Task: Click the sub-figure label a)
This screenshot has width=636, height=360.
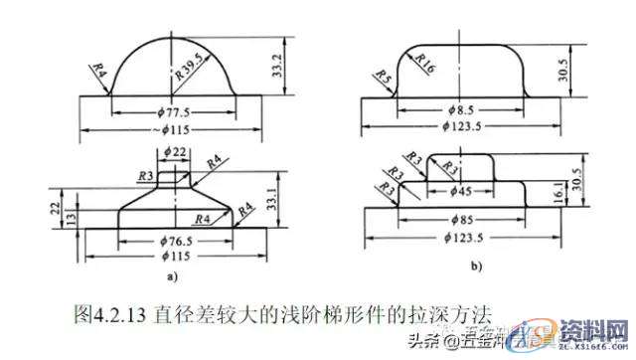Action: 175,276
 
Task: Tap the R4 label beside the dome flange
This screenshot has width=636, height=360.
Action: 97,72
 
